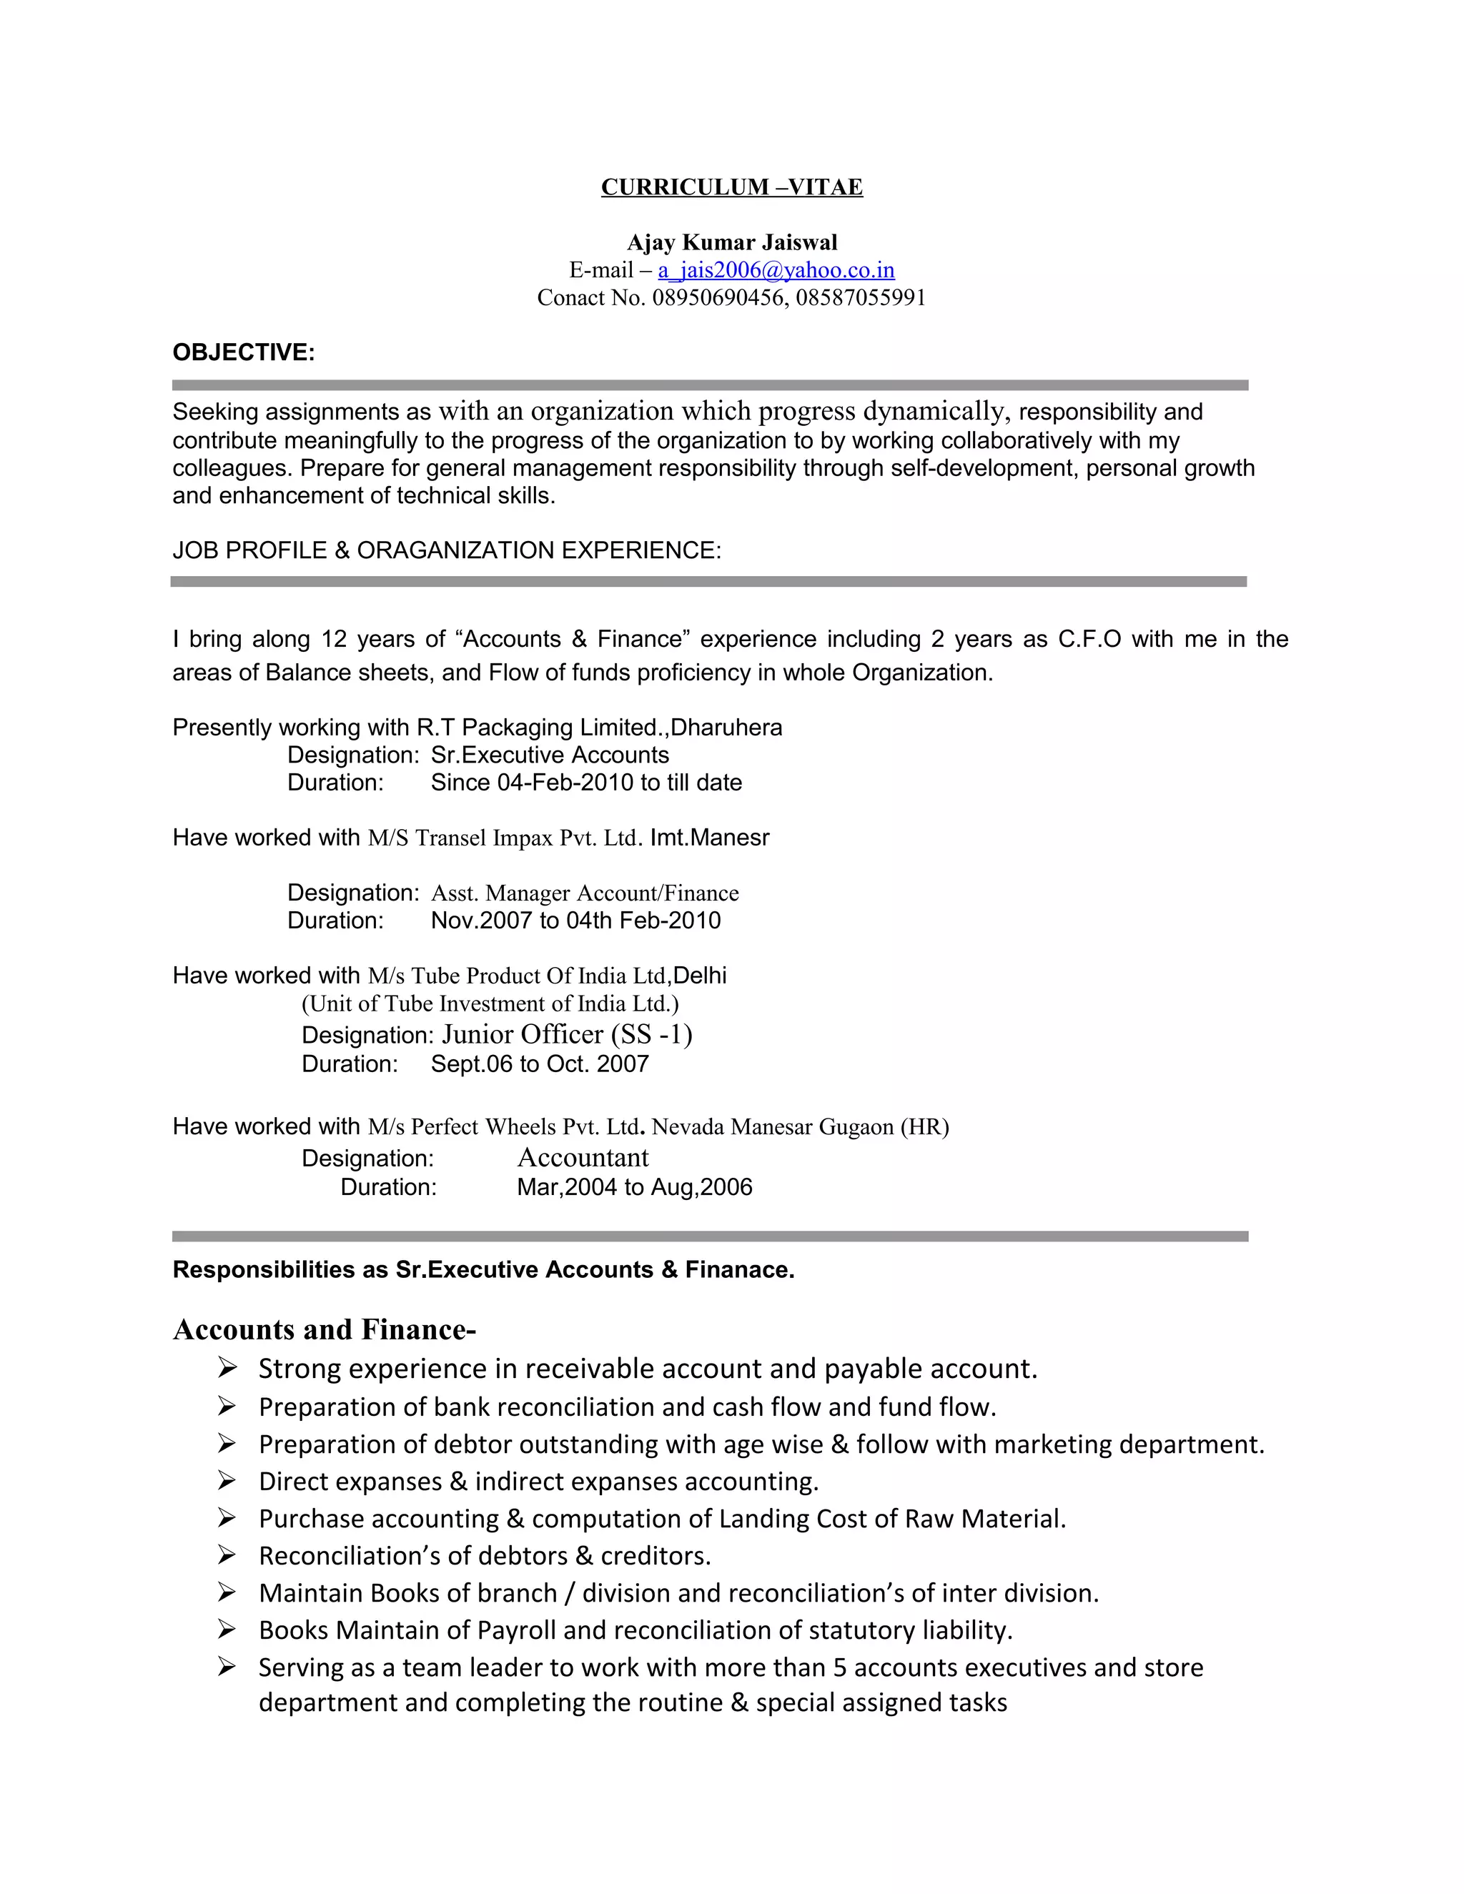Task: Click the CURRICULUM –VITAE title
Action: pos(731,187)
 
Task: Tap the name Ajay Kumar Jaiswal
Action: pos(731,243)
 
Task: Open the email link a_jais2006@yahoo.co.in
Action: pos(776,271)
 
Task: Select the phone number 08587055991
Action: pos(861,298)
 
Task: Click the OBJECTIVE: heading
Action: pos(244,353)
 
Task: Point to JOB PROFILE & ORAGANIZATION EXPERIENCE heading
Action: pos(447,550)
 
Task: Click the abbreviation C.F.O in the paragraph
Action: pos(1089,639)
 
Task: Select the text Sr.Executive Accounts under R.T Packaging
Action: pos(550,755)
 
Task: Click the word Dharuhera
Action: pos(726,728)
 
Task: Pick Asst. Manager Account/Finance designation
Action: pos(585,893)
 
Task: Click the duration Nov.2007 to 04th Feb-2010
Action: pos(576,921)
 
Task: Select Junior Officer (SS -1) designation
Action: pos(566,1035)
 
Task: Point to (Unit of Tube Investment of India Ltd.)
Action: pos(490,1004)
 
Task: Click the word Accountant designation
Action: pos(583,1158)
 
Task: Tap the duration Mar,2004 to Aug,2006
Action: pos(634,1187)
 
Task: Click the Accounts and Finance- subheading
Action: pos(325,1329)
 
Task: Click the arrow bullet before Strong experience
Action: pos(227,1369)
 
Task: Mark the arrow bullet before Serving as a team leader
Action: pos(227,1667)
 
